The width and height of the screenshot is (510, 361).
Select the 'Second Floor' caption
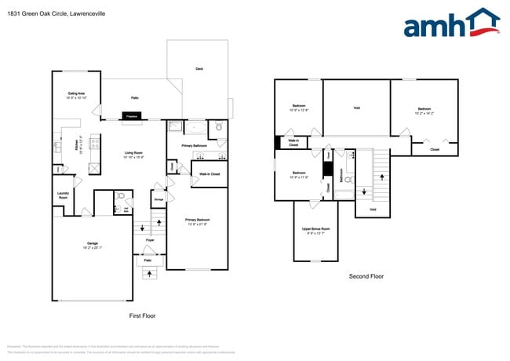pyautogui.click(x=366, y=276)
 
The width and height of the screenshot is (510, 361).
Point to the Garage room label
pyautogui.click(x=93, y=245)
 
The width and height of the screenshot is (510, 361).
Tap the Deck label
pyautogui.click(x=199, y=69)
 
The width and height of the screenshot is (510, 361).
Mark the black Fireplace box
pyautogui.click(x=132, y=117)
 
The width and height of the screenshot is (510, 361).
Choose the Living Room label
pyautogui.click(x=133, y=154)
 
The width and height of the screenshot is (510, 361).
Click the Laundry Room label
pyautogui.click(x=64, y=195)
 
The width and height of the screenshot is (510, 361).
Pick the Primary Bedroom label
pyautogui.click(x=196, y=221)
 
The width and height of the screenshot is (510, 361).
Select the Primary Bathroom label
pyautogui.click(x=194, y=146)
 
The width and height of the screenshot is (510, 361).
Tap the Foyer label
pyautogui.click(x=148, y=241)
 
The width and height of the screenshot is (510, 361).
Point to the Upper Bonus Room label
pyautogui.click(x=315, y=230)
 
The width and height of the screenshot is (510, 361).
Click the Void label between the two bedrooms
pyautogui.click(x=356, y=108)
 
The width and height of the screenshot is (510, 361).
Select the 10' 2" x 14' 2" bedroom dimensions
pyautogui.click(x=424, y=113)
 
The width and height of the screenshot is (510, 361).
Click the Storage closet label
pyautogui.click(x=158, y=200)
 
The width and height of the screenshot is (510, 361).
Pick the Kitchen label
pyautogui.click(x=77, y=146)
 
